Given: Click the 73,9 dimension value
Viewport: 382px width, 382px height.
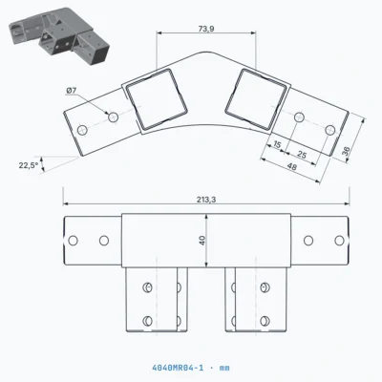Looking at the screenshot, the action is (x=206, y=29).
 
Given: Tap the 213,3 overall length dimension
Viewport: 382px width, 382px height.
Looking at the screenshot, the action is (x=206, y=200).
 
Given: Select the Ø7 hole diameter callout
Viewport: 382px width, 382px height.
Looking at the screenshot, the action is (x=72, y=91).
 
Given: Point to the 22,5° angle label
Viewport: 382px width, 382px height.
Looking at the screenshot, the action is (x=29, y=165).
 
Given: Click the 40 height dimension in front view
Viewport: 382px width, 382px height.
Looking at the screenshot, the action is (x=202, y=241).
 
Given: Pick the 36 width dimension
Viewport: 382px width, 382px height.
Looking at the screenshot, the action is (x=347, y=151).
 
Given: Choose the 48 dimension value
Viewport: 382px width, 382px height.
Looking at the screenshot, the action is (x=291, y=166).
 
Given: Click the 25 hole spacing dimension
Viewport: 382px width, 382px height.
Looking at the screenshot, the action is (x=302, y=155).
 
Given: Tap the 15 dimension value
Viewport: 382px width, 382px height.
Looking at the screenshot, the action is (x=277, y=145).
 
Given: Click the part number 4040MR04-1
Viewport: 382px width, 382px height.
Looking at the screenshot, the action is (x=178, y=368).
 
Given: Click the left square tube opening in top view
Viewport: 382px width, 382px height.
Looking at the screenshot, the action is (x=157, y=99).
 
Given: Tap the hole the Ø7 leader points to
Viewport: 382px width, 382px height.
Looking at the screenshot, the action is (x=113, y=117).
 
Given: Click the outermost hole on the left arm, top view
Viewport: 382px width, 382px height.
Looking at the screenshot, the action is (x=83, y=130).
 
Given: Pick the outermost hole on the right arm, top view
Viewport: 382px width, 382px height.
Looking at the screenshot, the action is (x=330, y=130).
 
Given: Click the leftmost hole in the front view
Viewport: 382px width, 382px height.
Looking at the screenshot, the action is (x=73, y=241).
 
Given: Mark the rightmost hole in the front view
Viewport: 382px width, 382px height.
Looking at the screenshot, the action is (x=339, y=241).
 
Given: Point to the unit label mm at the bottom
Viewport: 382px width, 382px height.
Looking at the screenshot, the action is (x=224, y=369).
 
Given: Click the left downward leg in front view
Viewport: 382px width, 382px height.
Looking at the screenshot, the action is (x=157, y=300).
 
